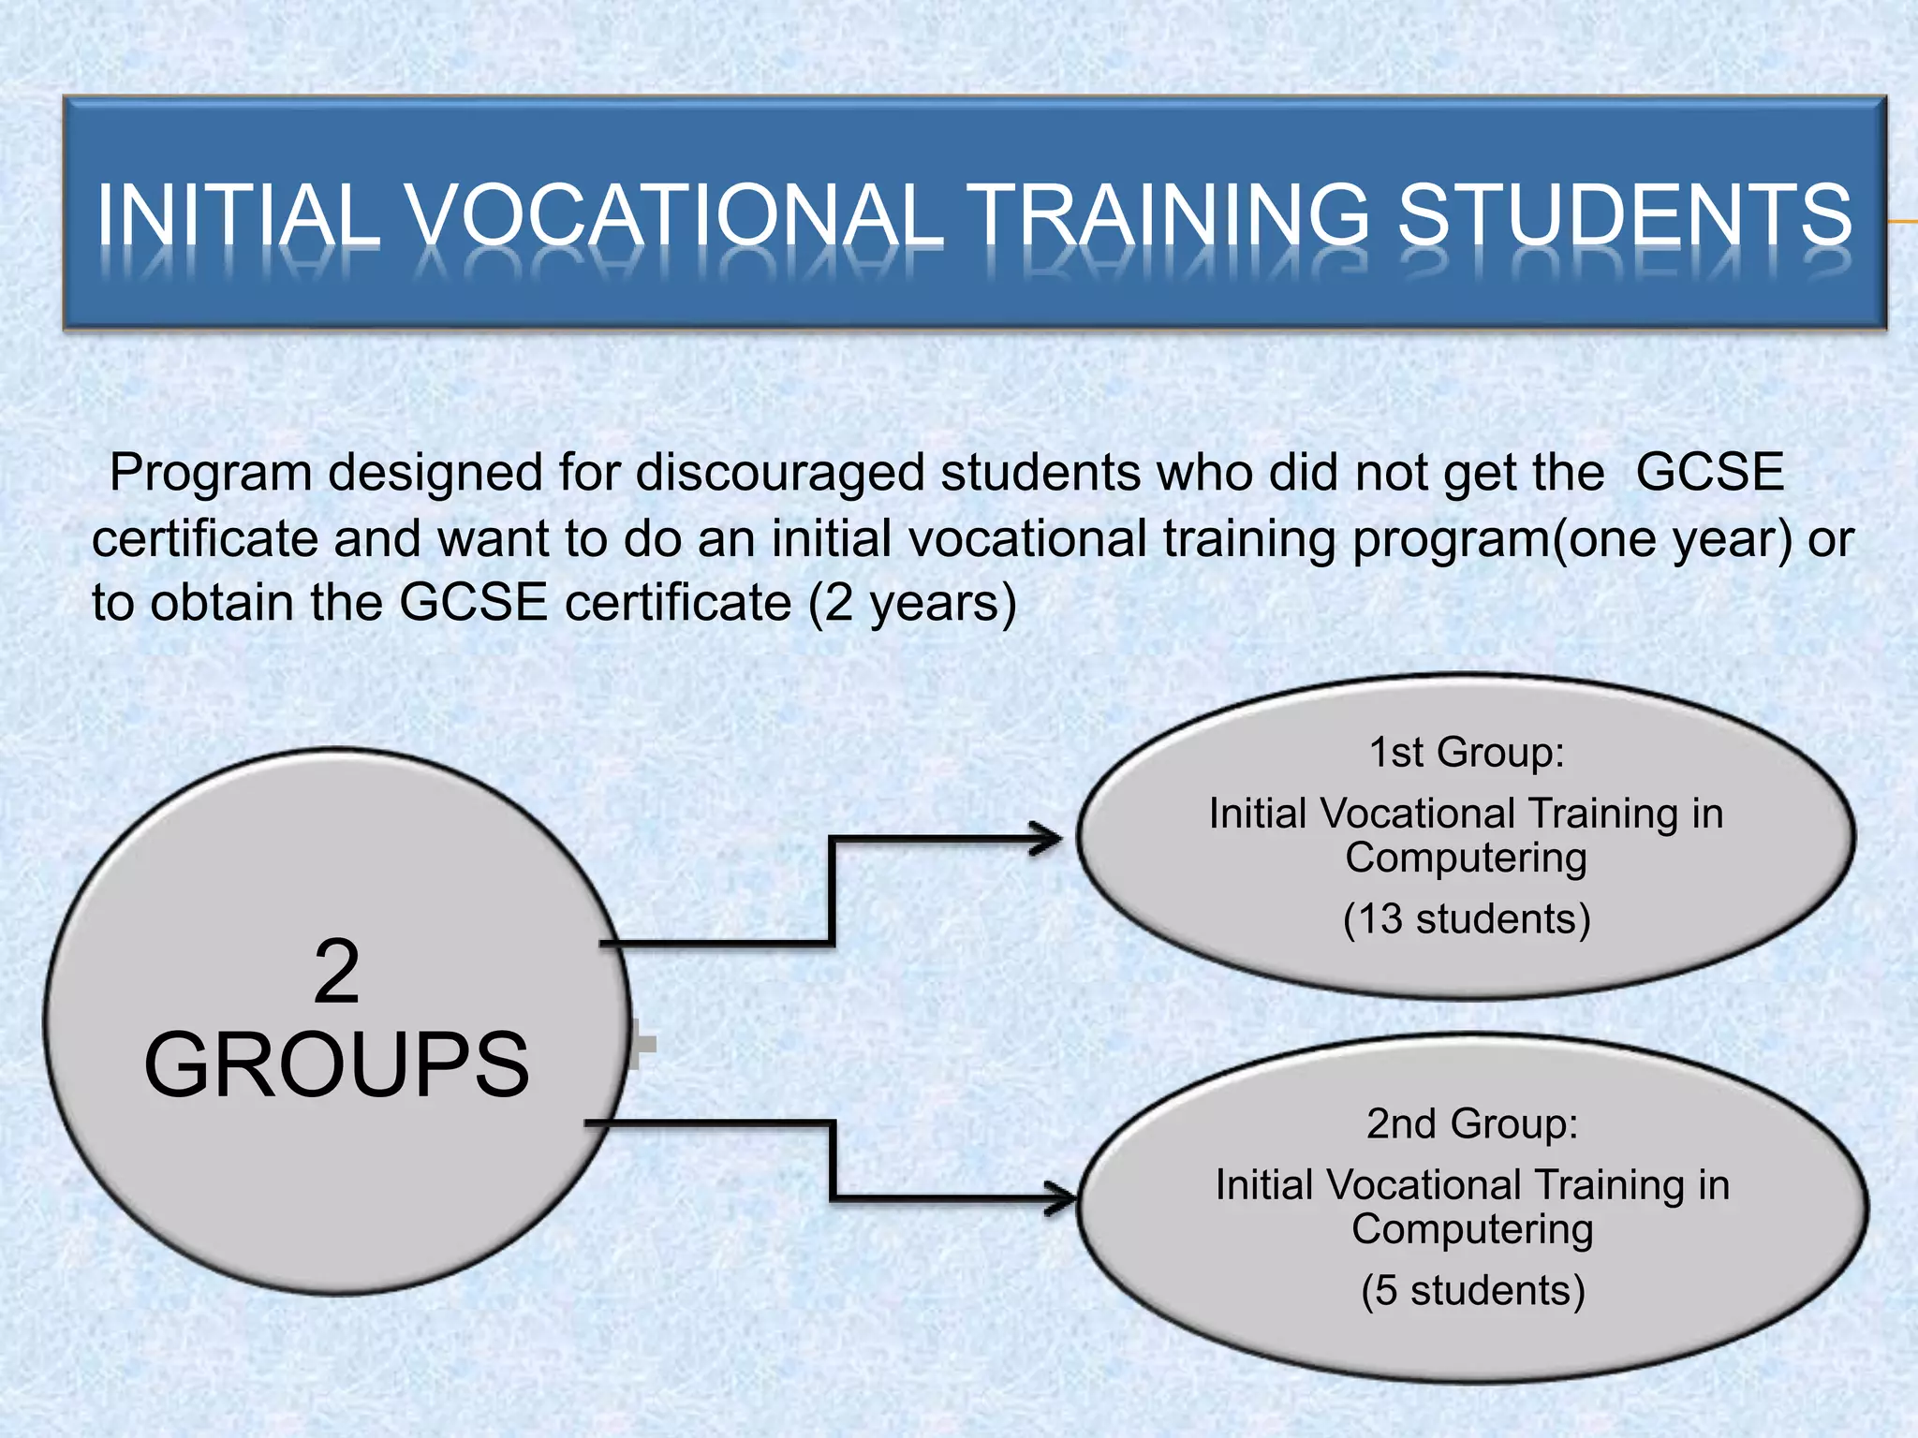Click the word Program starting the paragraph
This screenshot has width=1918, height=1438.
(x=210, y=473)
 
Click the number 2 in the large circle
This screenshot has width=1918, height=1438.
(x=336, y=974)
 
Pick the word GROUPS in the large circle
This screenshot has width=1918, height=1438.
(x=336, y=1064)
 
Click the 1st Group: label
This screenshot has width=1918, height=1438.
(x=1467, y=753)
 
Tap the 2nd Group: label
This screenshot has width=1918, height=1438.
(x=1472, y=1124)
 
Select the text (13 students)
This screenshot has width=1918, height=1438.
(x=1467, y=919)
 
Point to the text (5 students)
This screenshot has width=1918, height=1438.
(x=1472, y=1291)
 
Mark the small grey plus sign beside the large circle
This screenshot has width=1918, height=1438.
(x=642, y=1044)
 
